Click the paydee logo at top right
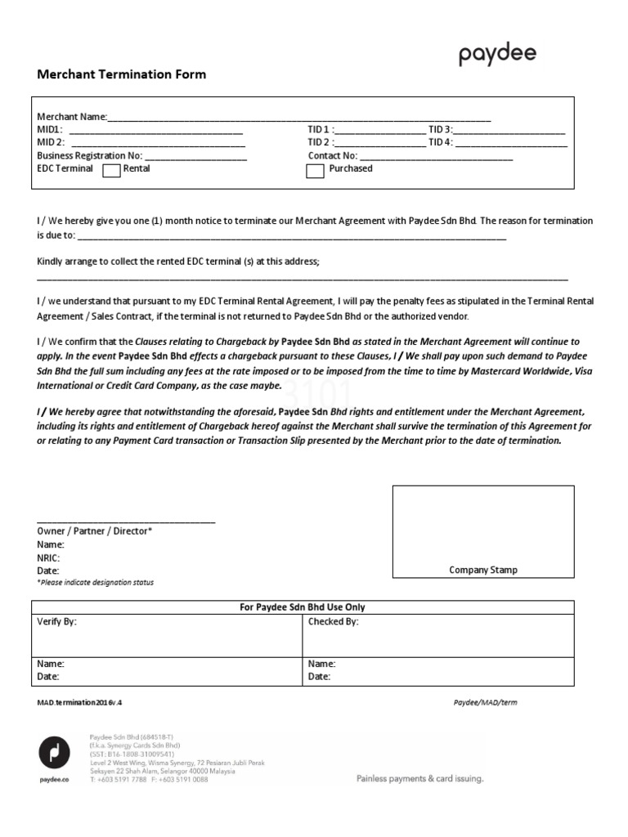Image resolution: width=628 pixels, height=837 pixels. click(497, 56)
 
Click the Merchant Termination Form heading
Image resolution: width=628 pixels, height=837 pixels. click(122, 74)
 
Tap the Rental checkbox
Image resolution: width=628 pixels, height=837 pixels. click(111, 171)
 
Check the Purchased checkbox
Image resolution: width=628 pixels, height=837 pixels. click(315, 171)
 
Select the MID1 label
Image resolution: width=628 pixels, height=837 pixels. click(49, 130)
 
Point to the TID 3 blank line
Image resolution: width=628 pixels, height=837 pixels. click(509, 131)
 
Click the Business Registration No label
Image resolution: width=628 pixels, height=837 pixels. click(90, 155)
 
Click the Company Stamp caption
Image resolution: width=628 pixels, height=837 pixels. click(483, 570)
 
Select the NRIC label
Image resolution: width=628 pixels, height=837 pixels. click(48, 557)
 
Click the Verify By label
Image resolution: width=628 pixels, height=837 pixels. click(57, 622)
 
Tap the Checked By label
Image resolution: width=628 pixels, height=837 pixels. click(333, 622)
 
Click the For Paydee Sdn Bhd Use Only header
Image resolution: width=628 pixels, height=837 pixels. click(303, 607)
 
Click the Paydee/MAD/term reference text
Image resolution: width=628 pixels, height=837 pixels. click(485, 702)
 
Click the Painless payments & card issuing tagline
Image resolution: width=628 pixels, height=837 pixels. click(419, 779)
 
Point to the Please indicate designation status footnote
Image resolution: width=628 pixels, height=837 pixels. click(95, 583)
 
